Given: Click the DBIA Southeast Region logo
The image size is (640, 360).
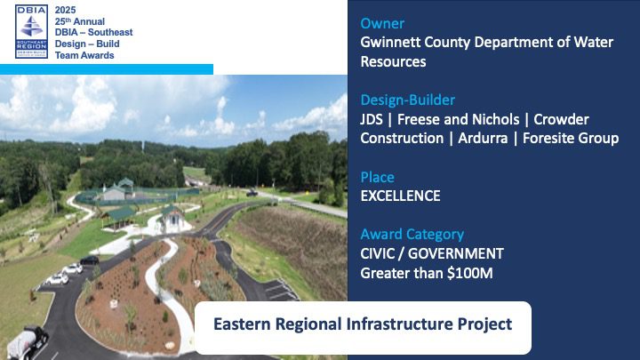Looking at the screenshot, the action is pos(31,31).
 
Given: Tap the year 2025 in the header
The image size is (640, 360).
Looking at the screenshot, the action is pos(65,10).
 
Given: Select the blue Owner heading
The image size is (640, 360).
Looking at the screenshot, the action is pos(382,23).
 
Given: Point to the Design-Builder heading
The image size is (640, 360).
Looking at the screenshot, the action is pos(408,100).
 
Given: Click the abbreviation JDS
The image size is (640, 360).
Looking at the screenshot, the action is pos(372,119).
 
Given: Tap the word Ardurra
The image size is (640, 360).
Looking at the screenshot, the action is pos(483,138).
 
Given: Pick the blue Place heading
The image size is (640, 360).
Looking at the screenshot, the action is pos(378,177).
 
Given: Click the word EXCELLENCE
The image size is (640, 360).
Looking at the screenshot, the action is pos(400,196).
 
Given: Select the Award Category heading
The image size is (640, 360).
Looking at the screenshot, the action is pos(412,235).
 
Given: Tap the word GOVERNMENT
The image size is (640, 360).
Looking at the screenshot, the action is pos(456,253).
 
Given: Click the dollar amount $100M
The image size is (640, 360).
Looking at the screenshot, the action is pos(470,273).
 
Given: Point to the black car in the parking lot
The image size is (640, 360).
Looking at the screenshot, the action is pos(90,260).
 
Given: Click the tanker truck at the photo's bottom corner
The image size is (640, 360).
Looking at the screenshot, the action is pos(27,342).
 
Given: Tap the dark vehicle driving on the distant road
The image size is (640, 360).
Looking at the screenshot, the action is pos(252,193).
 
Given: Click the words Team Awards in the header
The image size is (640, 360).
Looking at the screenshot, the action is pos(84,55).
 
